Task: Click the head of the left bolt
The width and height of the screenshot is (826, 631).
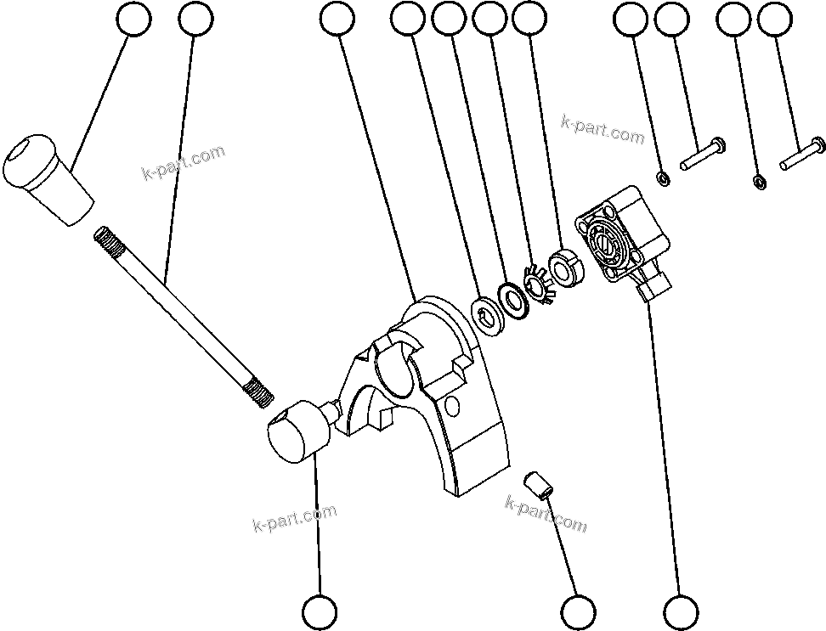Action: point(716,144)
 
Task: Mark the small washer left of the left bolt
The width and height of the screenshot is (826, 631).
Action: point(663,178)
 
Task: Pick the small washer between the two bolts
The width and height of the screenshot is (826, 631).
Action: point(760,181)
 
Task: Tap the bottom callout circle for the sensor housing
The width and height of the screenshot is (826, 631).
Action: point(681,611)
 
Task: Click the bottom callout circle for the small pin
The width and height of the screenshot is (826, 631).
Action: point(579,611)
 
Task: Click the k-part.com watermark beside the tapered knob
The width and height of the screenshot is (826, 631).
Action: point(183,163)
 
